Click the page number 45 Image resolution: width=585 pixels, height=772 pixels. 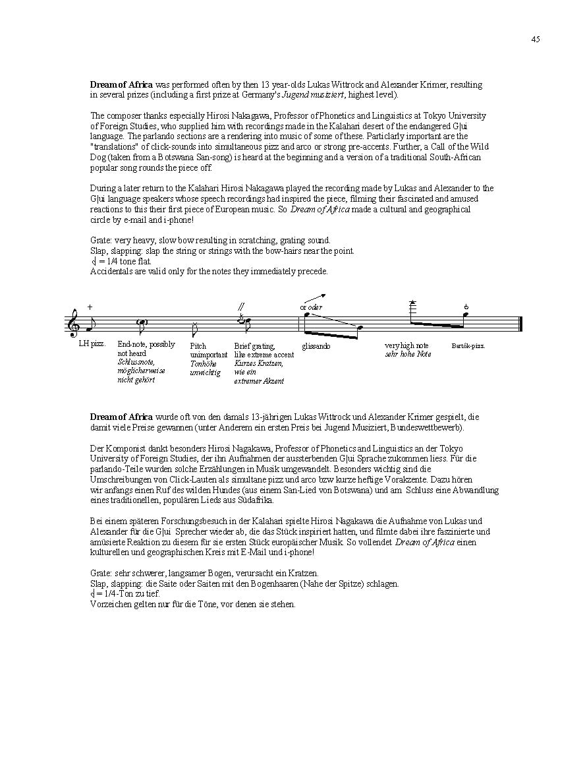point(535,39)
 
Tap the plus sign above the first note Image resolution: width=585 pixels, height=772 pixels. point(90,307)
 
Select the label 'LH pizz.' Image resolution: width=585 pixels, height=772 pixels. point(92,344)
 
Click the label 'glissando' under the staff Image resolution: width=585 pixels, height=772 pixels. point(316,346)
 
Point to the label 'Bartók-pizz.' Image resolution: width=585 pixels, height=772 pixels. point(468,346)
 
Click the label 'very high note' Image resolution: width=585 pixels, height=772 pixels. point(406,345)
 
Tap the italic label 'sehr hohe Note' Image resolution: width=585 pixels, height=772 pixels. point(408,354)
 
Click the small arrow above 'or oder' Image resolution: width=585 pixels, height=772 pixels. point(315,298)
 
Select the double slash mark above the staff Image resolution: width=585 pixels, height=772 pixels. point(241,306)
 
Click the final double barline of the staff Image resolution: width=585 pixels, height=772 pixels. point(520,324)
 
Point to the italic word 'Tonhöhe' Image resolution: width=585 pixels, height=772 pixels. point(204,363)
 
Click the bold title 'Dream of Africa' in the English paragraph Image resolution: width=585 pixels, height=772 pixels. point(121,84)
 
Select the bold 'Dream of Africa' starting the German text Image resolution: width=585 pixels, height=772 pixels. point(121,417)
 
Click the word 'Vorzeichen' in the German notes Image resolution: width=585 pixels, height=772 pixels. point(107,604)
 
